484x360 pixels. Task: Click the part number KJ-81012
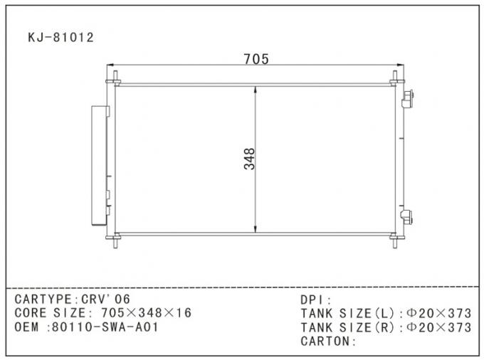click(60, 37)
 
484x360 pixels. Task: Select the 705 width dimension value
click(256, 60)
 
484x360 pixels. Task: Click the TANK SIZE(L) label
click(349, 313)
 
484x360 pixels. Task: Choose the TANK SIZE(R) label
click(349, 327)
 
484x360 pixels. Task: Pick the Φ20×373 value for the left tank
click(438, 313)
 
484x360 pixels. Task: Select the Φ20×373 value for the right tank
click(438, 327)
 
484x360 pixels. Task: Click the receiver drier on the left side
click(98, 164)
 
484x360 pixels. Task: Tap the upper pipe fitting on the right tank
click(408, 100)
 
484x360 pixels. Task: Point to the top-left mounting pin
click(113, 74)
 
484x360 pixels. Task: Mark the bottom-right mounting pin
click(395, 243)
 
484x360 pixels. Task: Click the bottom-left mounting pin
click(113, 243)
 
